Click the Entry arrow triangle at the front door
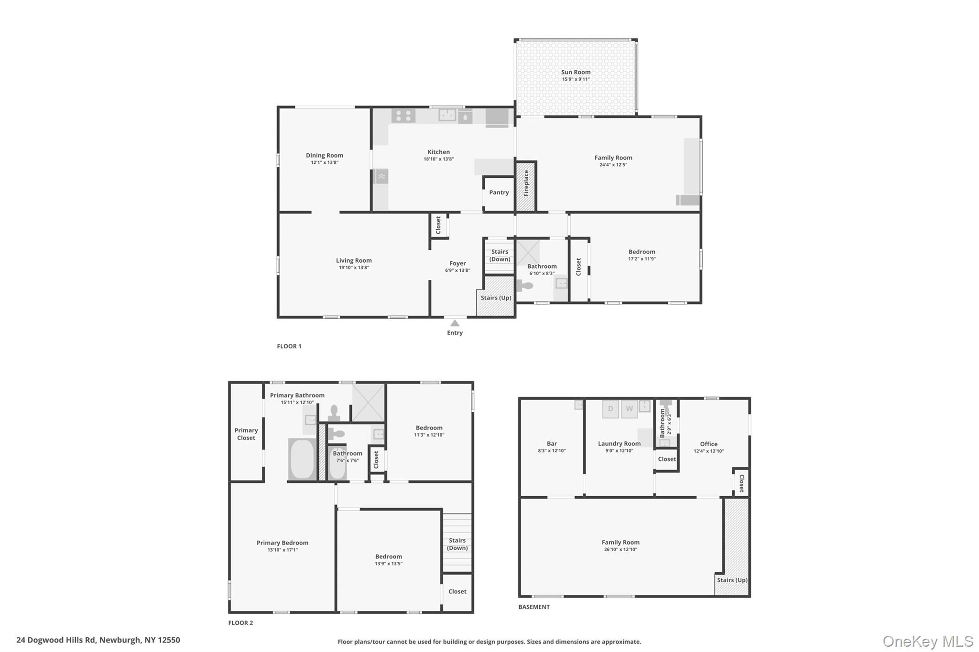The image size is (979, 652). tap(455, 323)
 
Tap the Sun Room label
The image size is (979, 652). tap(576, 72)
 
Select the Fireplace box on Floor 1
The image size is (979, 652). tap(526, 186)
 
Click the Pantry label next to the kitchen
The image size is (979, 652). tap(499, 192)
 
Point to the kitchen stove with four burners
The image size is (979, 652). tap(403, 116)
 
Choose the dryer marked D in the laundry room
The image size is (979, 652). tap(610, 409)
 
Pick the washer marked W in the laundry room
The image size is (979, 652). tap(629, 409)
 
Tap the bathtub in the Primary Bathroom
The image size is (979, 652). tap(302, 459)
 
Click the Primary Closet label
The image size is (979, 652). tap(246, 434)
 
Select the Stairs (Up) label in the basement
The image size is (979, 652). tap(732, 580)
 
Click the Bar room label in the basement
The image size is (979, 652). tap(552, 444)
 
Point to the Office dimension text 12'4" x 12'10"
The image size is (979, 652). tap(708, 451)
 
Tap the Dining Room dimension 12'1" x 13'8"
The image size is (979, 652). tap(325, 162)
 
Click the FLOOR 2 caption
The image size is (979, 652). tap(240, 623)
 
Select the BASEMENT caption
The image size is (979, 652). tap(534, 607)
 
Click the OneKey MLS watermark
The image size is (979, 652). tap(928, 641)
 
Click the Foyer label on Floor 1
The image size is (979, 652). tap(457, 263)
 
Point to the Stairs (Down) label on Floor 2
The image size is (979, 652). tap(457, 544)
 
